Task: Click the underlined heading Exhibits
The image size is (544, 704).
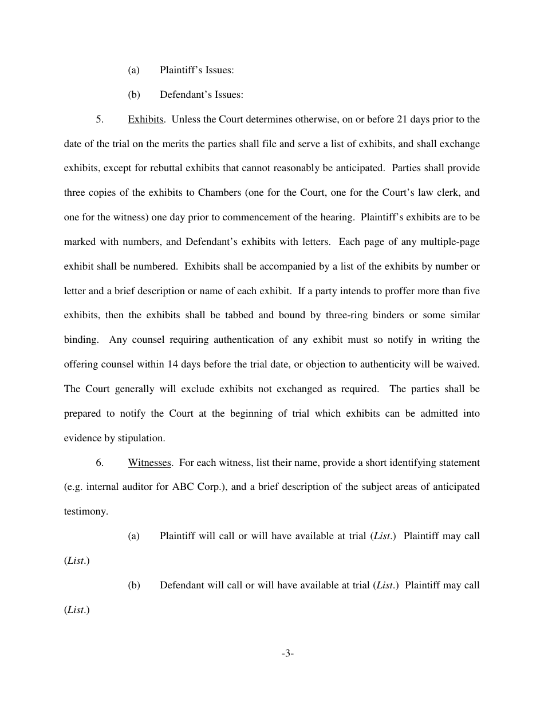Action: pyautogui.click(x=146, y=120)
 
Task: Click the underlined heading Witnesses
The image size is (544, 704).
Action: pyautogui.click(x=149, y=462)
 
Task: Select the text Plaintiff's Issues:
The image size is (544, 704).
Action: pyautogui.click(x=196, y=70)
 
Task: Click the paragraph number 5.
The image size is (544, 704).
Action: pyautogui.click(x=100, y=120)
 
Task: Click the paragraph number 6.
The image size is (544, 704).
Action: pyautogui.click(x=100, y=462)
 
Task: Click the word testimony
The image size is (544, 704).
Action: pyautogui.click(x=86, y=512)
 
